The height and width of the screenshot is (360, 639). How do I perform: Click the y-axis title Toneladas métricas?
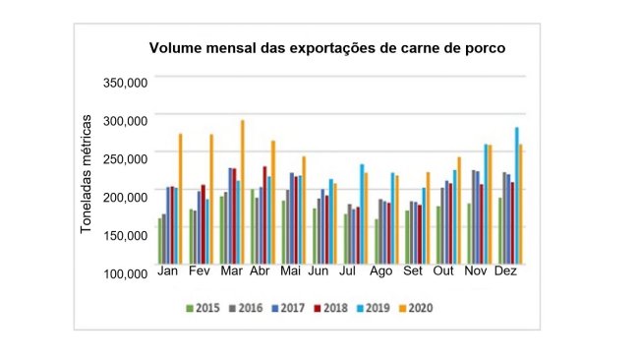point(87,173)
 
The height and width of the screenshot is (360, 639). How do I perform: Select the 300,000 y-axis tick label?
point(125,120)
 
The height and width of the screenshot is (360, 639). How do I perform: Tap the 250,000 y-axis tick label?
point(125,158)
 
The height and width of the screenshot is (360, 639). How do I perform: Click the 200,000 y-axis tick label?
point(125,197)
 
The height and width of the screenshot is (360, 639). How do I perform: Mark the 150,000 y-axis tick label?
point(125,235)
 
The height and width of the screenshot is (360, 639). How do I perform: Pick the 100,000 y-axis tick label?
point(125,273)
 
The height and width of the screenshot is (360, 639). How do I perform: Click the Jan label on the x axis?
point(169,271)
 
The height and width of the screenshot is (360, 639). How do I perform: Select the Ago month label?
point(383,271)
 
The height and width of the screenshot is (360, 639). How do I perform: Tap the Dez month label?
point(507,271)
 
